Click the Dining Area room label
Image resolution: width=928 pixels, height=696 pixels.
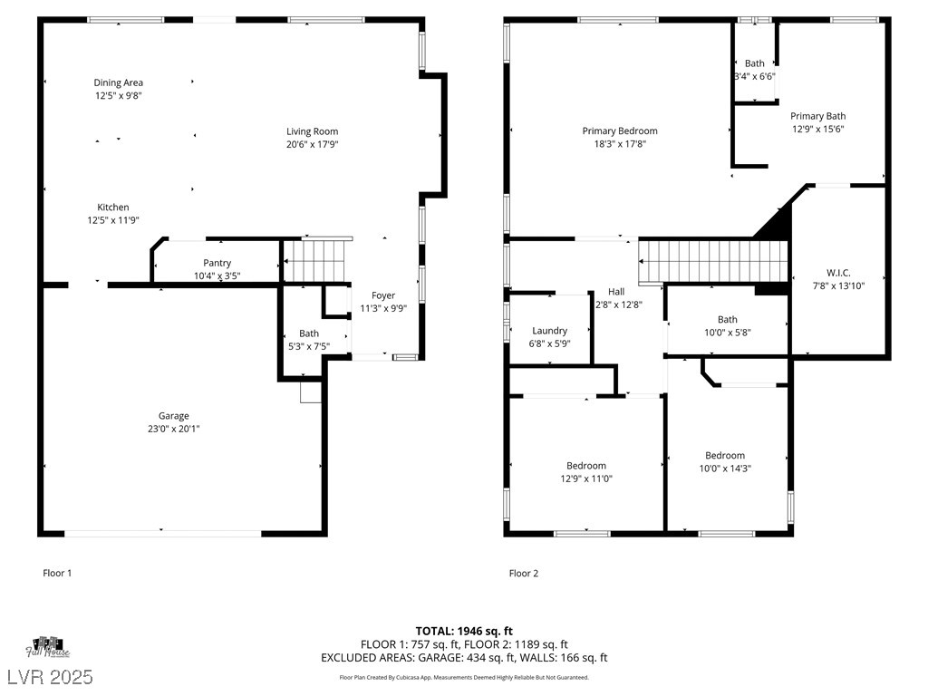pyautogui.click(x=119, y=82)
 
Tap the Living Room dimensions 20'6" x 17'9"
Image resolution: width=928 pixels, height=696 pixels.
pyautogui.click(x=313, y=144)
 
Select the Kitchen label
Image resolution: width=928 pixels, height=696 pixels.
pyautogui.click(x=113, y=208)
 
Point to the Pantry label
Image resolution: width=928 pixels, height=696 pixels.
pyautogui.click(x=217, y=263)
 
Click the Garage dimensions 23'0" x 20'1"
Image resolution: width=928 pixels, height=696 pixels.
pyautogui.click(x=173, y=429)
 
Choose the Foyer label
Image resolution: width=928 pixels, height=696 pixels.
pyautogui.click(x=383, y=295)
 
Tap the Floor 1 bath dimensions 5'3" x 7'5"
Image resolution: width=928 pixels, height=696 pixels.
pyautogui.click(x=309, y=347)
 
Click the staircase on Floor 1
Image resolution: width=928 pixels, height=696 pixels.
pyautogui.click(x=314, y=260)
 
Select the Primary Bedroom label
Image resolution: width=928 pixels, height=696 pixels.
pyautogui.click(x=620, y=130)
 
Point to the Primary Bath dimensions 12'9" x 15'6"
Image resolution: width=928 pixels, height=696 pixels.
pyautogui.click(x=818, y=129)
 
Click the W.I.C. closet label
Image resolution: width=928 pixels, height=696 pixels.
pyautogui.click(x=838, y=273)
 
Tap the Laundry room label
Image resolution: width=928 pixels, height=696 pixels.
pyautogui.click(x=550, y=331)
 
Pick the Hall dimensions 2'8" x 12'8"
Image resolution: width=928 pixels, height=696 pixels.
pyautogui.click(x=619, y=304)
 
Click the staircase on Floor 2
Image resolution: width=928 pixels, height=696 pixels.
pyautogui.click(x=713, y=261)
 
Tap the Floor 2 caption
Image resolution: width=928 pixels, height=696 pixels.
pyautogui.click(x=524, y=573)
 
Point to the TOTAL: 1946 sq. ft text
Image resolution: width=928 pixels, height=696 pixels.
pyautogui.click(x=464, y=632)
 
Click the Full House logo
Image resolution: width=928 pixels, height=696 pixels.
pyautogui.click(x=48, y=647)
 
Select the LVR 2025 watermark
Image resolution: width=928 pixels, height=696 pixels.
pyautogui.click(x=51, y=677)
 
